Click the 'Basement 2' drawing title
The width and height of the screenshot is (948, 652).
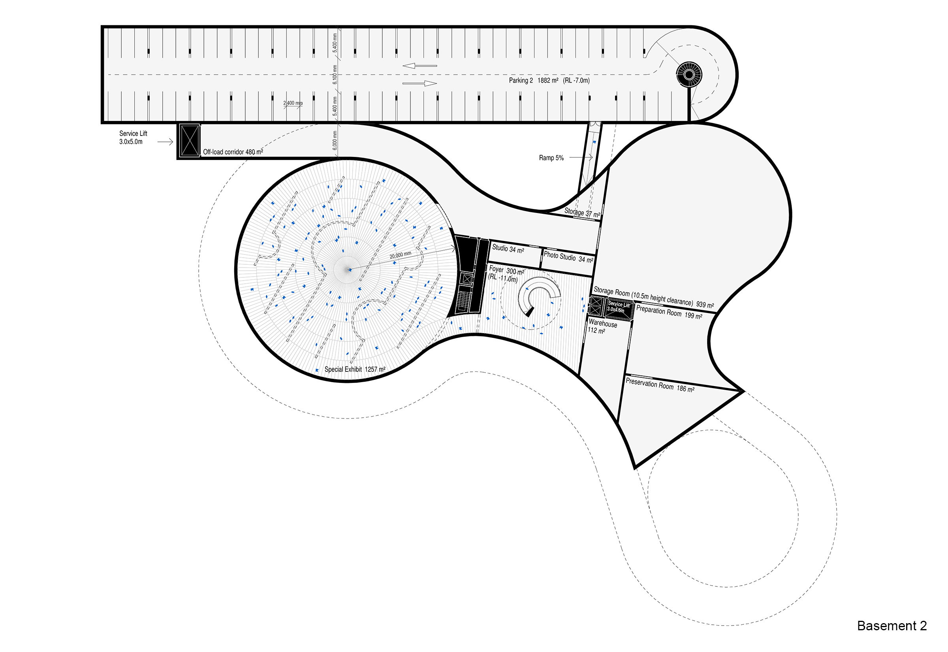point(892,626)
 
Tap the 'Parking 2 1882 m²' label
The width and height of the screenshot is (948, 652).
point(533,81)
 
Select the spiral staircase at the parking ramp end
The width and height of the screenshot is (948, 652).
point(689,74)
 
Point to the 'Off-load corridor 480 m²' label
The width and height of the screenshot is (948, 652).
point(233,152)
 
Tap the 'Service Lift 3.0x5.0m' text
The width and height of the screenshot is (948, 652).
point(133,137)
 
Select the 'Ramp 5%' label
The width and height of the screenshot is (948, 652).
point(551,158)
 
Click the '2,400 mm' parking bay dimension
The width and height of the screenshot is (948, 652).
point(293,103)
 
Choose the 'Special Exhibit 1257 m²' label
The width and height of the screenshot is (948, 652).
point(355,369)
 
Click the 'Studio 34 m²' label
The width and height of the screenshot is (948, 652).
point(508,249)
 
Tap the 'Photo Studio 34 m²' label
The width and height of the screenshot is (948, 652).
point(568,257)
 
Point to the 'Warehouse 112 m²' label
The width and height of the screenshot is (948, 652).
point(602,326)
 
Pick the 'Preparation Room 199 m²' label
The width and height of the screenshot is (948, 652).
point(669,313)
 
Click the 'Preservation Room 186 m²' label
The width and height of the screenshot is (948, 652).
point(660,385)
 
